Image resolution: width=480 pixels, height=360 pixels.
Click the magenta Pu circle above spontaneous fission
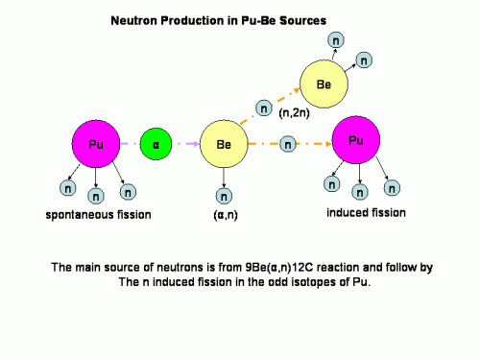94,144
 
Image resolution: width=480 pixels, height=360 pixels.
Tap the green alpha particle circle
156,145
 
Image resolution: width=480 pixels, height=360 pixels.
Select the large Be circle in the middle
223,145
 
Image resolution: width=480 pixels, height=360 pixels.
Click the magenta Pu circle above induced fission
355,141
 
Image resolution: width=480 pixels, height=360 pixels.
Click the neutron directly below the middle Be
224,197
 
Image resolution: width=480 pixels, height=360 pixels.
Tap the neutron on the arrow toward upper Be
263,108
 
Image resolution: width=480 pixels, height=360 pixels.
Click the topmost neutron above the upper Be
334,40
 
